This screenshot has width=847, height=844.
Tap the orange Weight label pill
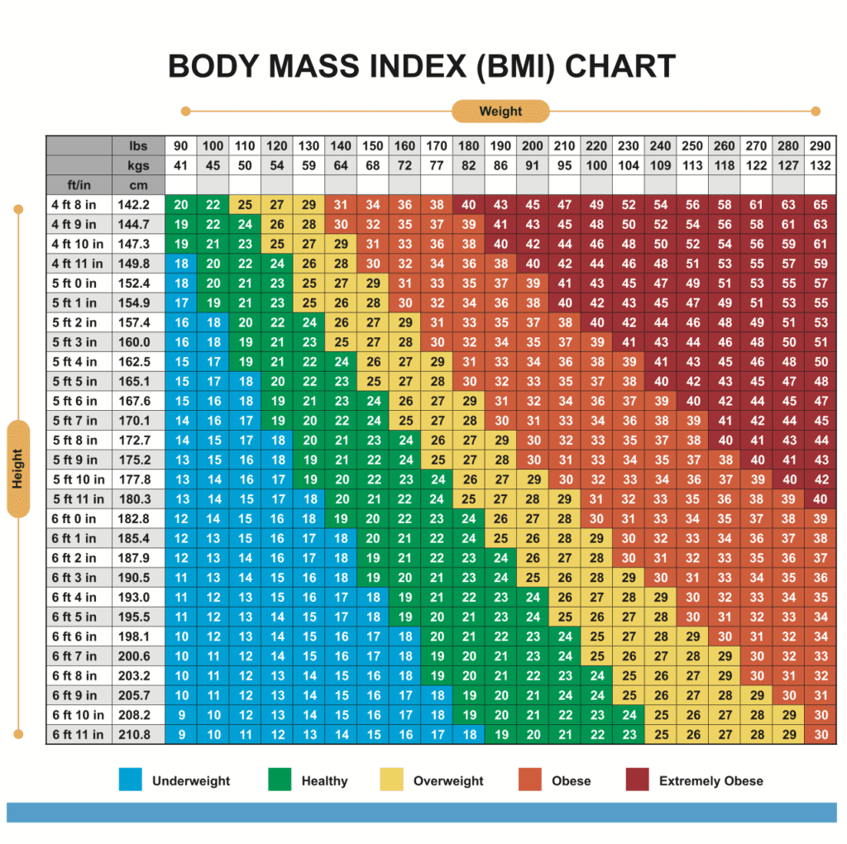(500, 111)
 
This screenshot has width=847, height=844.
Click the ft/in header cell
(79, 184)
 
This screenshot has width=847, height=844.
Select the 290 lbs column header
(820, 146)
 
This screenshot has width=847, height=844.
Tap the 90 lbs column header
(181, 146)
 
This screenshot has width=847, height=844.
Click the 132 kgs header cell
(820, 165)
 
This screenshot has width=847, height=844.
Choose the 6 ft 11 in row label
(79, 735)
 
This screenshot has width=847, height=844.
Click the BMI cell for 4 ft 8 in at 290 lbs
(820, 205)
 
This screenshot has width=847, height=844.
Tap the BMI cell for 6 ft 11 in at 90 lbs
(181, 735)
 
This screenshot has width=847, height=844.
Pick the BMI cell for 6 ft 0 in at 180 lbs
(469, 519)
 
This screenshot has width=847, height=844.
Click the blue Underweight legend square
(130, 780)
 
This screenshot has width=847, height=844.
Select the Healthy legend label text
(324, 780)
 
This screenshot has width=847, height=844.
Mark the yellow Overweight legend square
(391, 780)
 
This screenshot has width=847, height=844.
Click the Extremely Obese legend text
(711, 780)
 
